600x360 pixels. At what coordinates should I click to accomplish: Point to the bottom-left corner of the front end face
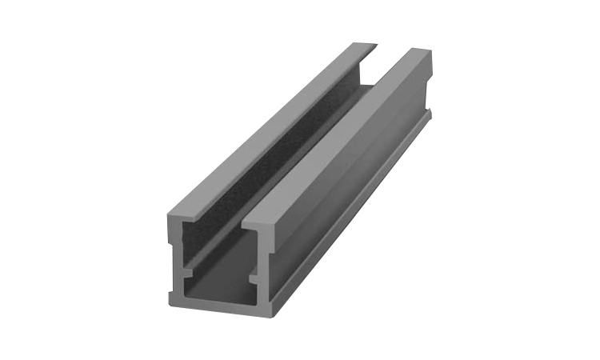[170, 302]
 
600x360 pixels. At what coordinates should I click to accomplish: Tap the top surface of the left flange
[264, 128]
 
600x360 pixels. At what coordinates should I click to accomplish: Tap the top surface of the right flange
[336, 136]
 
